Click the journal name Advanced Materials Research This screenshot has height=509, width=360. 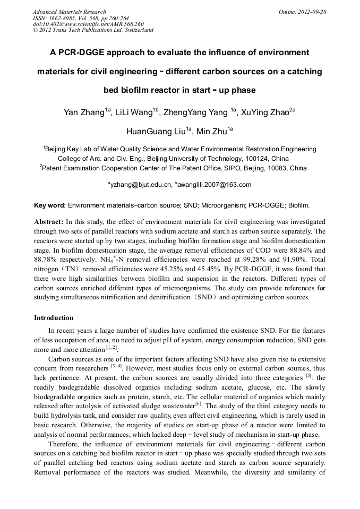pyautogui.click(x=69, y=12)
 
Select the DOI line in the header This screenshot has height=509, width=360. pyautogui.click(x=88, y=24)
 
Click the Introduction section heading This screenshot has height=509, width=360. pyautogui.click(x=54, y=318)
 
